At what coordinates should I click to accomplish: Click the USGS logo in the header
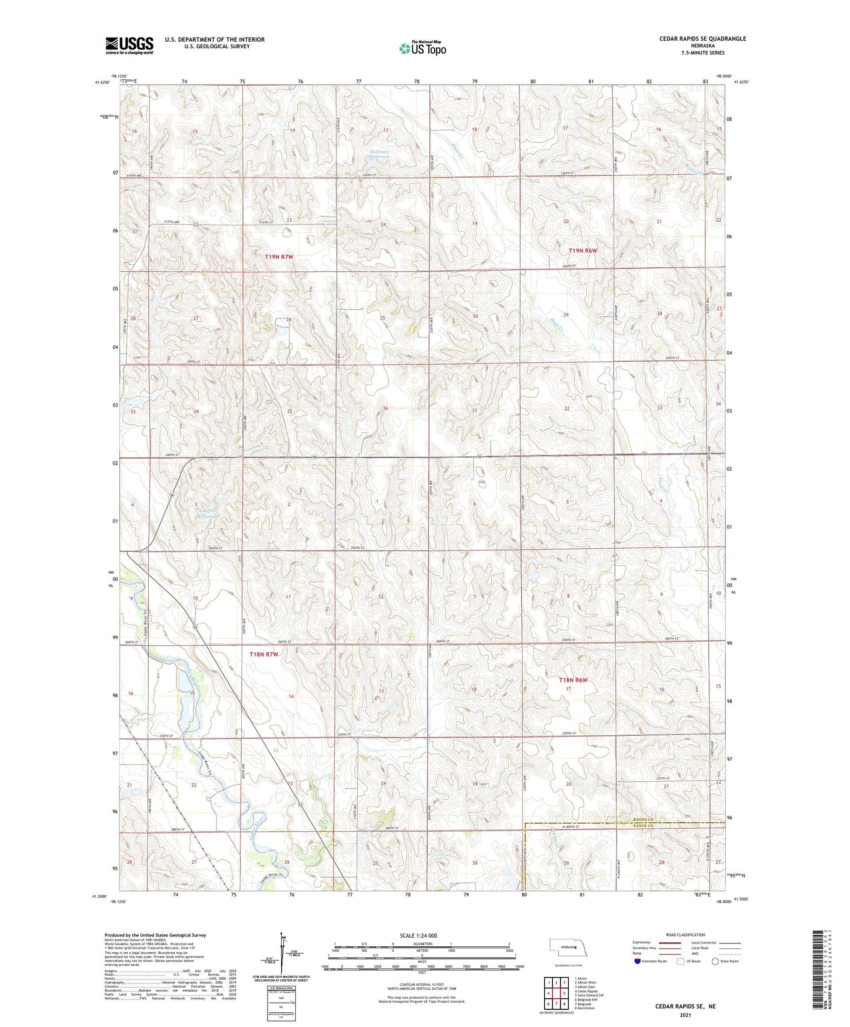pos(129,45)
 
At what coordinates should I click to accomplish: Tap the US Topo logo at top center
pos(422,48)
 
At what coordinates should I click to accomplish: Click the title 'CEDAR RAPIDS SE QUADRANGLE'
pos(702,39)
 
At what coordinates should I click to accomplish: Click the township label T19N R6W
pos(582,251)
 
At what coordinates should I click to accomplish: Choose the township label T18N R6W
pos(573,680)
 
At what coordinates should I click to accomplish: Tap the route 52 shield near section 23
pos(300,804)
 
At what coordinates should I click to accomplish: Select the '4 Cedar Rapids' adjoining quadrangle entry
pos(586,991)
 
